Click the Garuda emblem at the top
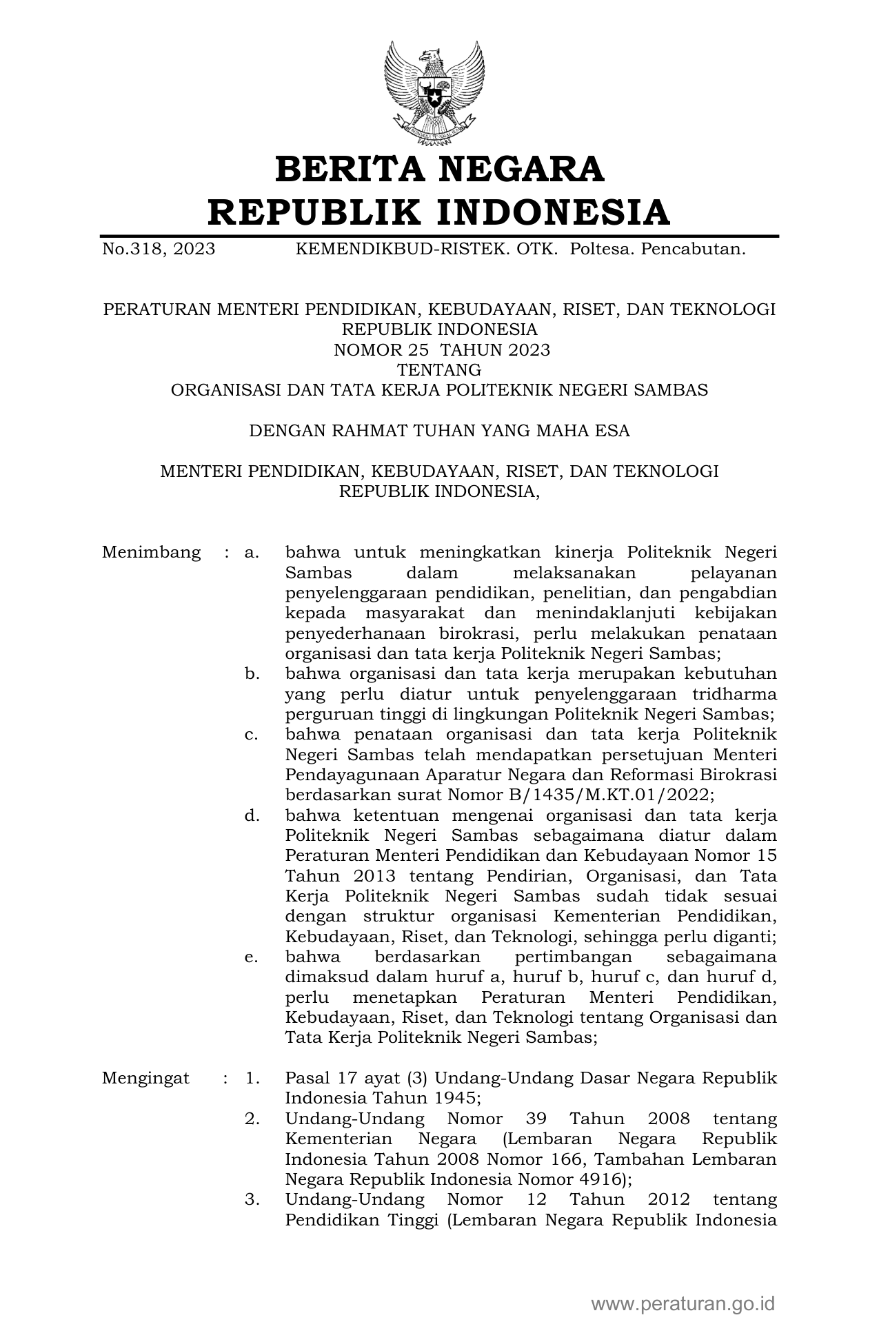click(x=433, y=93)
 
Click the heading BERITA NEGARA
click(x=439, y=170)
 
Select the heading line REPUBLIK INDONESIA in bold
click(x=439, y=212)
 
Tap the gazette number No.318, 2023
click(x=159, y=249)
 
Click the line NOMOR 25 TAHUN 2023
click(x=442, y=350)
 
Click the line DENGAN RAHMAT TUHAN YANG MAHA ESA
click(x=439, y=431)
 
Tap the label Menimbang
click(x=152, y=552)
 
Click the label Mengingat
click(x=145, y=1079)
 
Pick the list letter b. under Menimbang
click(x=252, y=673)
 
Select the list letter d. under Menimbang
click(x=252, y=815)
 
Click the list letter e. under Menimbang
click(x=252, y=957)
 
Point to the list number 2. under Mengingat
click(x=252, y=1119)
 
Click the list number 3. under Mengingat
click(x=252, y=1200)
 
